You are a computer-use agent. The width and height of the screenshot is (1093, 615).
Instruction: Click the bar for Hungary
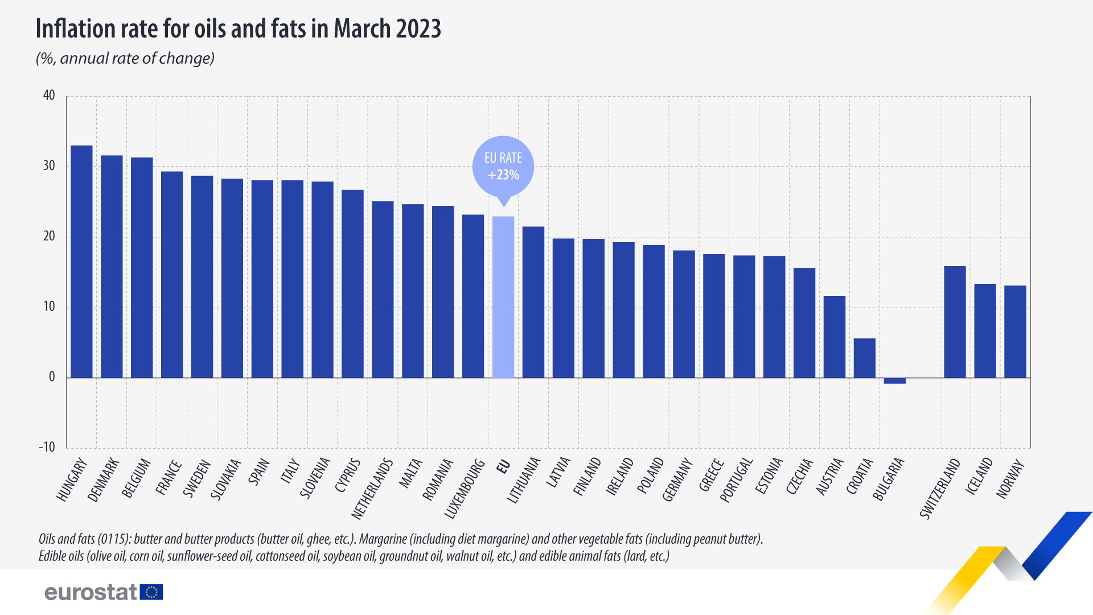[81, 262]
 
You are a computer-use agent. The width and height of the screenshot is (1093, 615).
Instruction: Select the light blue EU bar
[503, 297]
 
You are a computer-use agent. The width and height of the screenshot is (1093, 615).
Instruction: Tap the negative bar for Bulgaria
[894, 380]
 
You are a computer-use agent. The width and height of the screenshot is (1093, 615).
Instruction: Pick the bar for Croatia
[864, 358]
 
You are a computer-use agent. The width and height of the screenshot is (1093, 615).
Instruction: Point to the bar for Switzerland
[955, 322]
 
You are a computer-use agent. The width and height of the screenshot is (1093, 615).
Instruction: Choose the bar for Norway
[1015, 331]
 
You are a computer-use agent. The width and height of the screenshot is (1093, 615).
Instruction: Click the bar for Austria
[834, 337]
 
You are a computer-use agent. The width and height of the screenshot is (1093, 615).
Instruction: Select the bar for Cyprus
[352, 284]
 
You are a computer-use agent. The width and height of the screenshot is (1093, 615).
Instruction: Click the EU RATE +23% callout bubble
[503, 166]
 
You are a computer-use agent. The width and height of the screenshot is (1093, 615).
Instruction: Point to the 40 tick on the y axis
[50, 96]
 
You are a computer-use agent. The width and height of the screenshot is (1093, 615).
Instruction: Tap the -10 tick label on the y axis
[47, 447]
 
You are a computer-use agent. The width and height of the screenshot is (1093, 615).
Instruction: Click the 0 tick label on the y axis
[52, 377]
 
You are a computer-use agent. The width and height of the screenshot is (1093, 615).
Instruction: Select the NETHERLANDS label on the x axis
[372, 489]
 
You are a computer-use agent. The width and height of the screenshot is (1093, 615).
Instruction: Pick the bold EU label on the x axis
[503, 466]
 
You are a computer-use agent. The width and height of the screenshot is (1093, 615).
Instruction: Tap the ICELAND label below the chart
[979, 475]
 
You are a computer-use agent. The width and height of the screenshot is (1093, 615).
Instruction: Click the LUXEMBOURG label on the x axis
[465, 489]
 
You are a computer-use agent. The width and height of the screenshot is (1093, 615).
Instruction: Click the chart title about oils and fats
[238, 28]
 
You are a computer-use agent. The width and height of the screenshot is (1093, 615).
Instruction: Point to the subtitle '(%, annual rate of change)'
[125, 58]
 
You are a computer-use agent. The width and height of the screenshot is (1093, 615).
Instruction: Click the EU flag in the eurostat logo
[151, 592]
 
